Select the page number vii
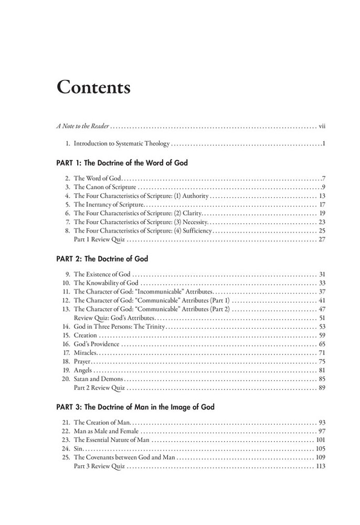coord(322,127)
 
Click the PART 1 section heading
coord(122,163)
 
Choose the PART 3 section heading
coord(135,407)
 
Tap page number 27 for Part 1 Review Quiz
coord(323,239)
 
